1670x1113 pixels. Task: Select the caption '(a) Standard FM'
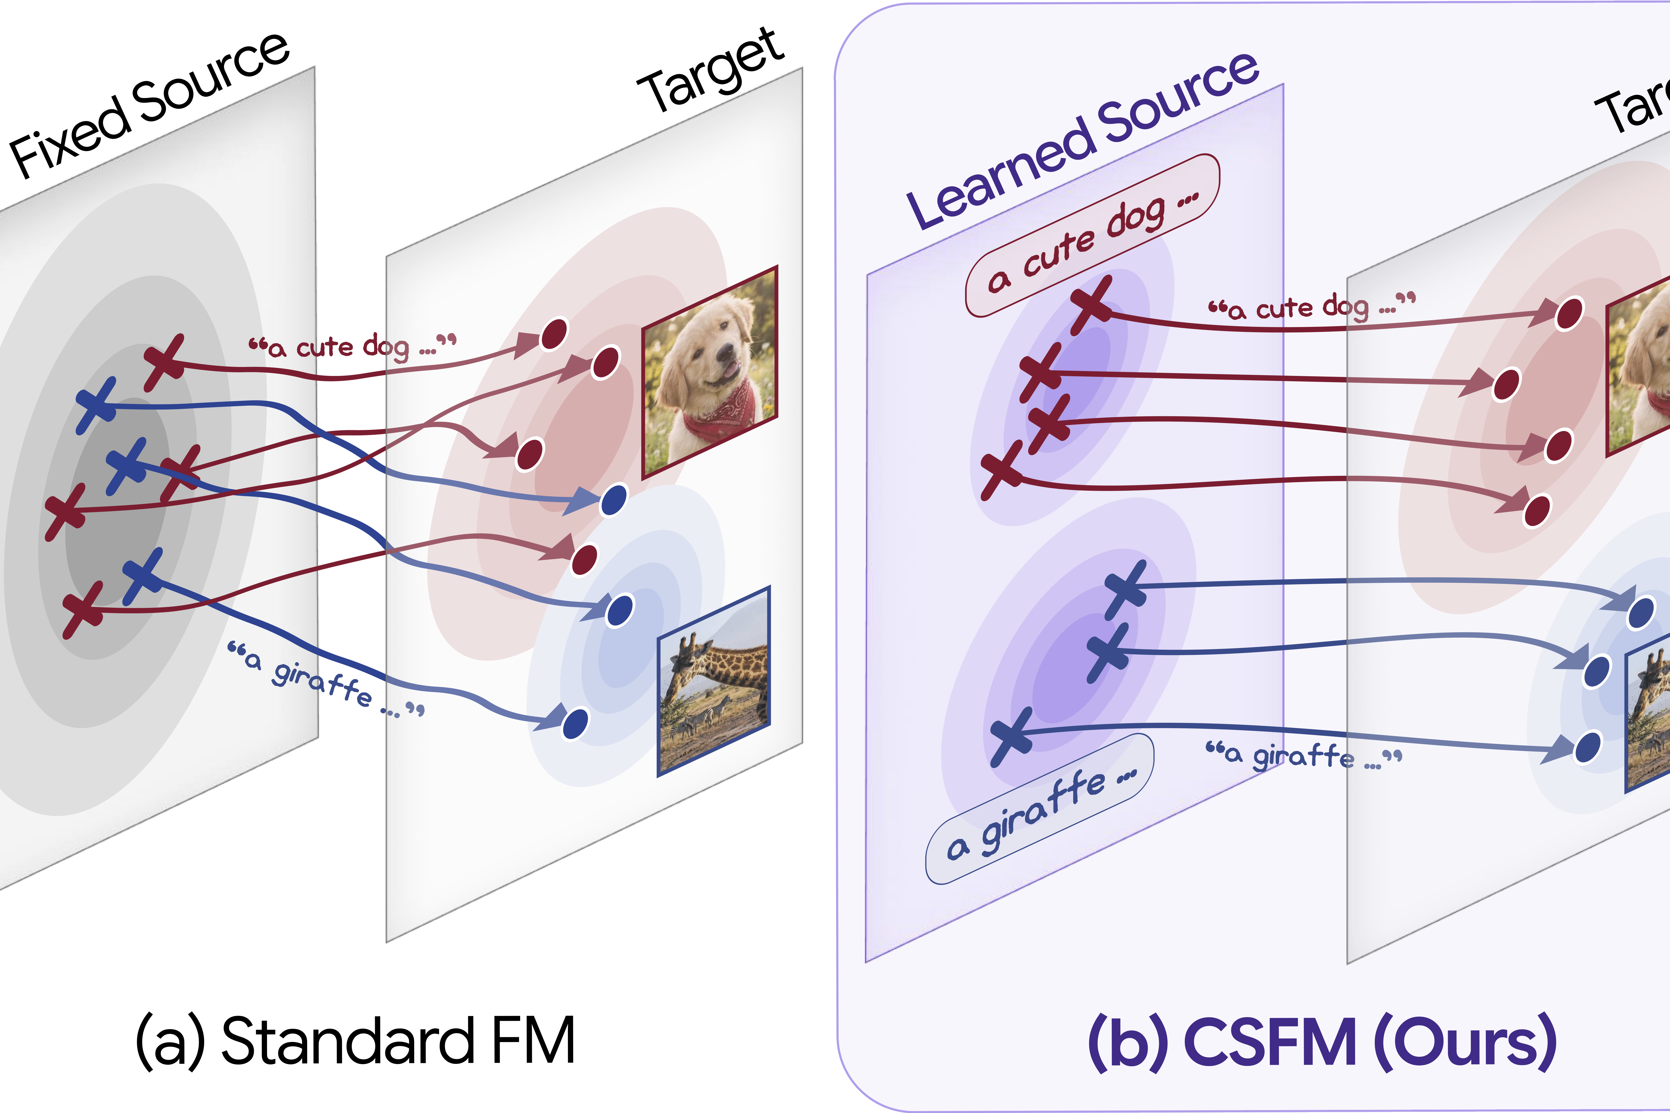(355, 1042)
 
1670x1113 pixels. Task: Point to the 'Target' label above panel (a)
(710, 71)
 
